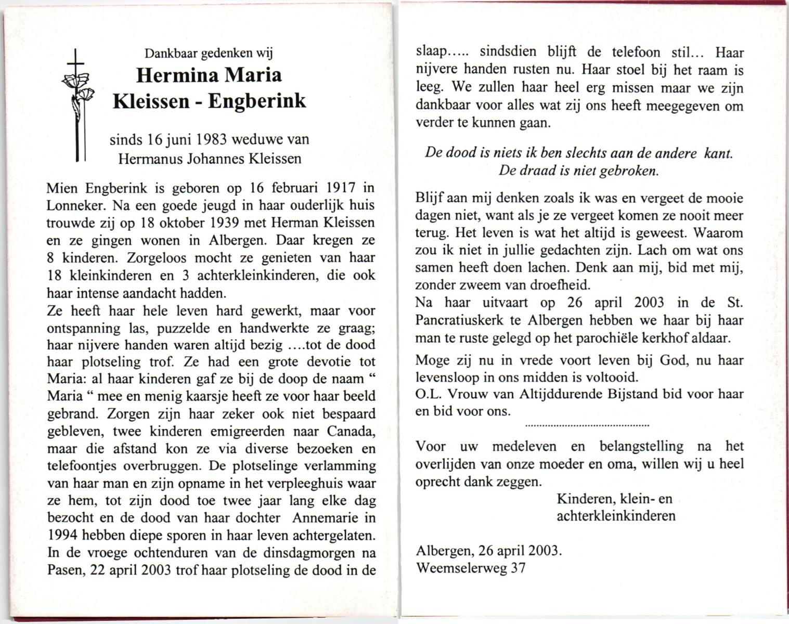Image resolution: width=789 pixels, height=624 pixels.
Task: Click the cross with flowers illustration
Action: tap(77, 104)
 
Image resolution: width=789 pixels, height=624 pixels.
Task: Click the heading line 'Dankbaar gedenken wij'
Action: tap(209, 53)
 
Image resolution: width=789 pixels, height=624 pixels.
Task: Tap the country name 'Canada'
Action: tap(351, 432)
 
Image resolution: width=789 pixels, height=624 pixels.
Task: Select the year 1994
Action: tap(62, 535)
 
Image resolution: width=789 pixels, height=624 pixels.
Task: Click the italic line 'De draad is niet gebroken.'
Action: tap(578, 171)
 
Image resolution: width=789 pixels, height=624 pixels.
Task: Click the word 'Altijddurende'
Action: tap(561, 394)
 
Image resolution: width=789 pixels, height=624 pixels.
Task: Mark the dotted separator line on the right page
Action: tap(587, 426)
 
